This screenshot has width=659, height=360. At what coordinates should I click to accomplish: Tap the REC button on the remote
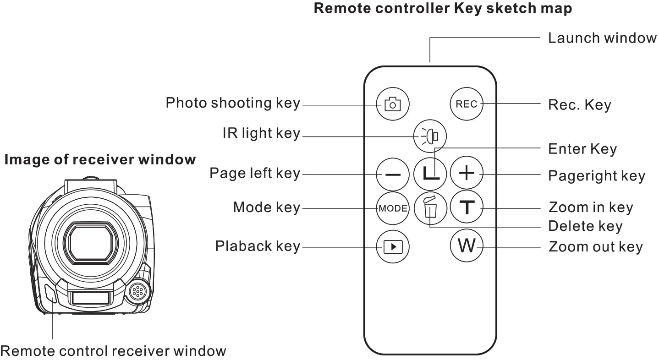tap(467, 104)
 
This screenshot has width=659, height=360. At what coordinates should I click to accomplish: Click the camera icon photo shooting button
tap(393, 104)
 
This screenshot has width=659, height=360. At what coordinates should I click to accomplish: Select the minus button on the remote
tap(393, 175)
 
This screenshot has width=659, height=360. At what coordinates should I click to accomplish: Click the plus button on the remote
tap(467, 174)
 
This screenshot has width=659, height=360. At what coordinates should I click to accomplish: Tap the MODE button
tap(393, 208)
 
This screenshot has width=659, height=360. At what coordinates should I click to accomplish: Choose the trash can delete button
tap(430, 208)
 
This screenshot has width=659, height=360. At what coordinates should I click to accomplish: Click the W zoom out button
tap(467, 246)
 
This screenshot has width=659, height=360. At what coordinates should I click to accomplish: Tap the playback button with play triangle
tap(393, 247)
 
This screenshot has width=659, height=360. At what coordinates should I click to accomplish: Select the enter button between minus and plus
tap(430, 174)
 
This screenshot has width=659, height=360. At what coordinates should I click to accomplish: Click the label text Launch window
tap(602, 38)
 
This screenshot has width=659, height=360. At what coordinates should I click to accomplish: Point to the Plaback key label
tap(258, 246)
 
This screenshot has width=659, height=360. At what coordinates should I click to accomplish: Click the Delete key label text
tap(585, 226)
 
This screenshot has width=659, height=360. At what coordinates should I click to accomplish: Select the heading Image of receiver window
tap(100, 160)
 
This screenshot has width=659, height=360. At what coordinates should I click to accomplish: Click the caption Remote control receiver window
tap(113, 351)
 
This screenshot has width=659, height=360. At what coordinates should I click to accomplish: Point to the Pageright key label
tap(596, 176)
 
